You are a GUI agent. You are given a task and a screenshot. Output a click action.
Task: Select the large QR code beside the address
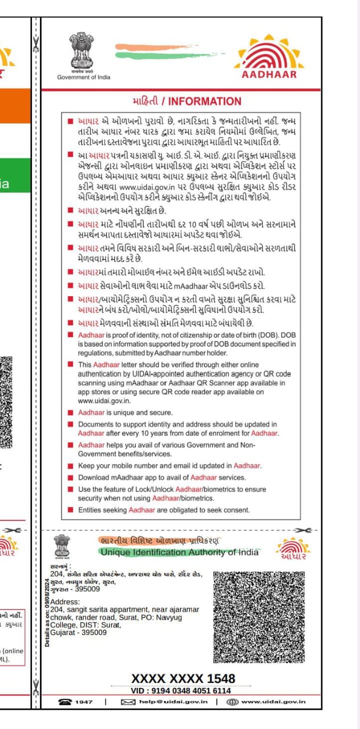tap(259, 618)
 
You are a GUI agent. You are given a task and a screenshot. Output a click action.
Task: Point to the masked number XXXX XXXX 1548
tap(183, 678)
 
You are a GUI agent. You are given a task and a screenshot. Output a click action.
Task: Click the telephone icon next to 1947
tap(64, 702)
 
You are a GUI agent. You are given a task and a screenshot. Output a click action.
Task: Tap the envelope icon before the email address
tap(128, 702)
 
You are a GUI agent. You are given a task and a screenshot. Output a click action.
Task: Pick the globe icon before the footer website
tap(232, 702)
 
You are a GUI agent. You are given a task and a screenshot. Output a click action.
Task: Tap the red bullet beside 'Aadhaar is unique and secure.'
tap(70, 412)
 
